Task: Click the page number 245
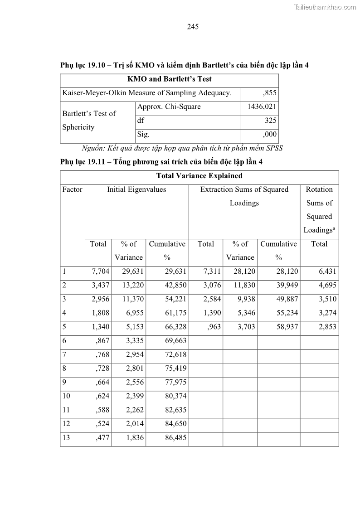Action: [x=193, y=27]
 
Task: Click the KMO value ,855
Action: [x=269, y=93]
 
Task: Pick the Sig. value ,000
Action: [x=269, y=135]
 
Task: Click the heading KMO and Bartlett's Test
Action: [x=169, y=79]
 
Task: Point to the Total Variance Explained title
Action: [x=199, y=176]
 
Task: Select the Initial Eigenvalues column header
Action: [x=136, y=189]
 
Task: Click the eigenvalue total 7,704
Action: [x=101, y=271]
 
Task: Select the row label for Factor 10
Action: [x=66, y=396]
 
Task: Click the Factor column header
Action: [x=72, y=189]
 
